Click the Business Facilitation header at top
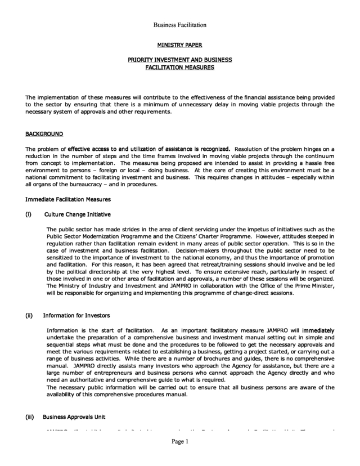coord(180,25)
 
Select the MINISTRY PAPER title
coord(179,44)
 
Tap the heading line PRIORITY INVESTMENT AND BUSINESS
coord(179,60)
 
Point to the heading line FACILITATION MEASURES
coord(179,68)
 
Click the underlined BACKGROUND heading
coord(44,134)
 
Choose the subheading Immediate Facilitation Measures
coord(68,199)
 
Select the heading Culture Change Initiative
coord(77,214)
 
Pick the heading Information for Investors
coord(76,315)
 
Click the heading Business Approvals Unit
coord(74,417)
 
